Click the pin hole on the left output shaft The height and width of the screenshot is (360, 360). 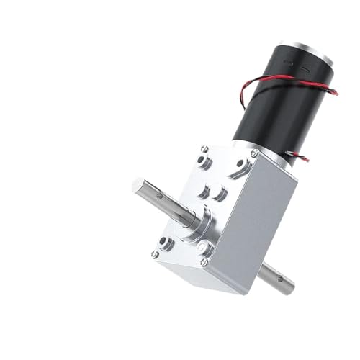tap(161, 197)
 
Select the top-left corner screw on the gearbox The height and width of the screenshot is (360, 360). tap(204, 149)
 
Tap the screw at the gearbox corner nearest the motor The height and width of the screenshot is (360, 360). tap(253, 153)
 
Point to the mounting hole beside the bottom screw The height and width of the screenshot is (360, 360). tap(204, 249)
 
